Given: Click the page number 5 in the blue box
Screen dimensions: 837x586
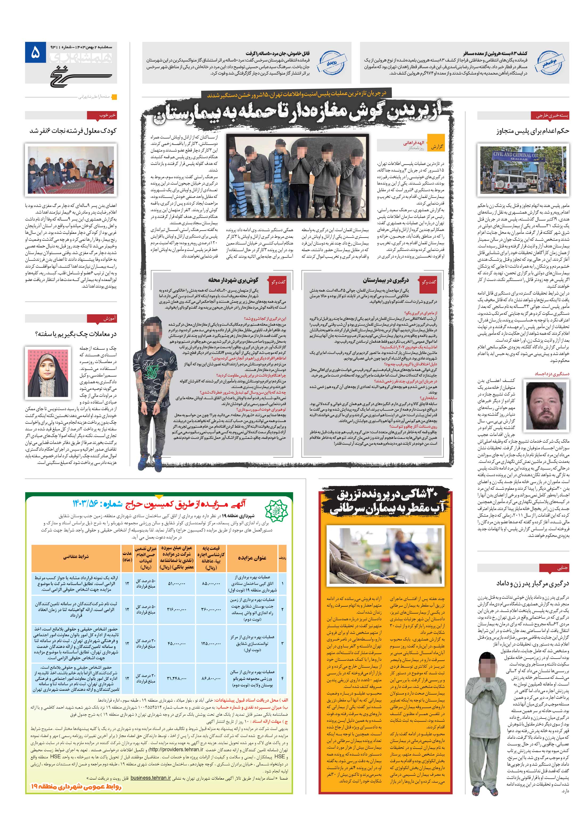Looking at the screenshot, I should pos(35,54).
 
